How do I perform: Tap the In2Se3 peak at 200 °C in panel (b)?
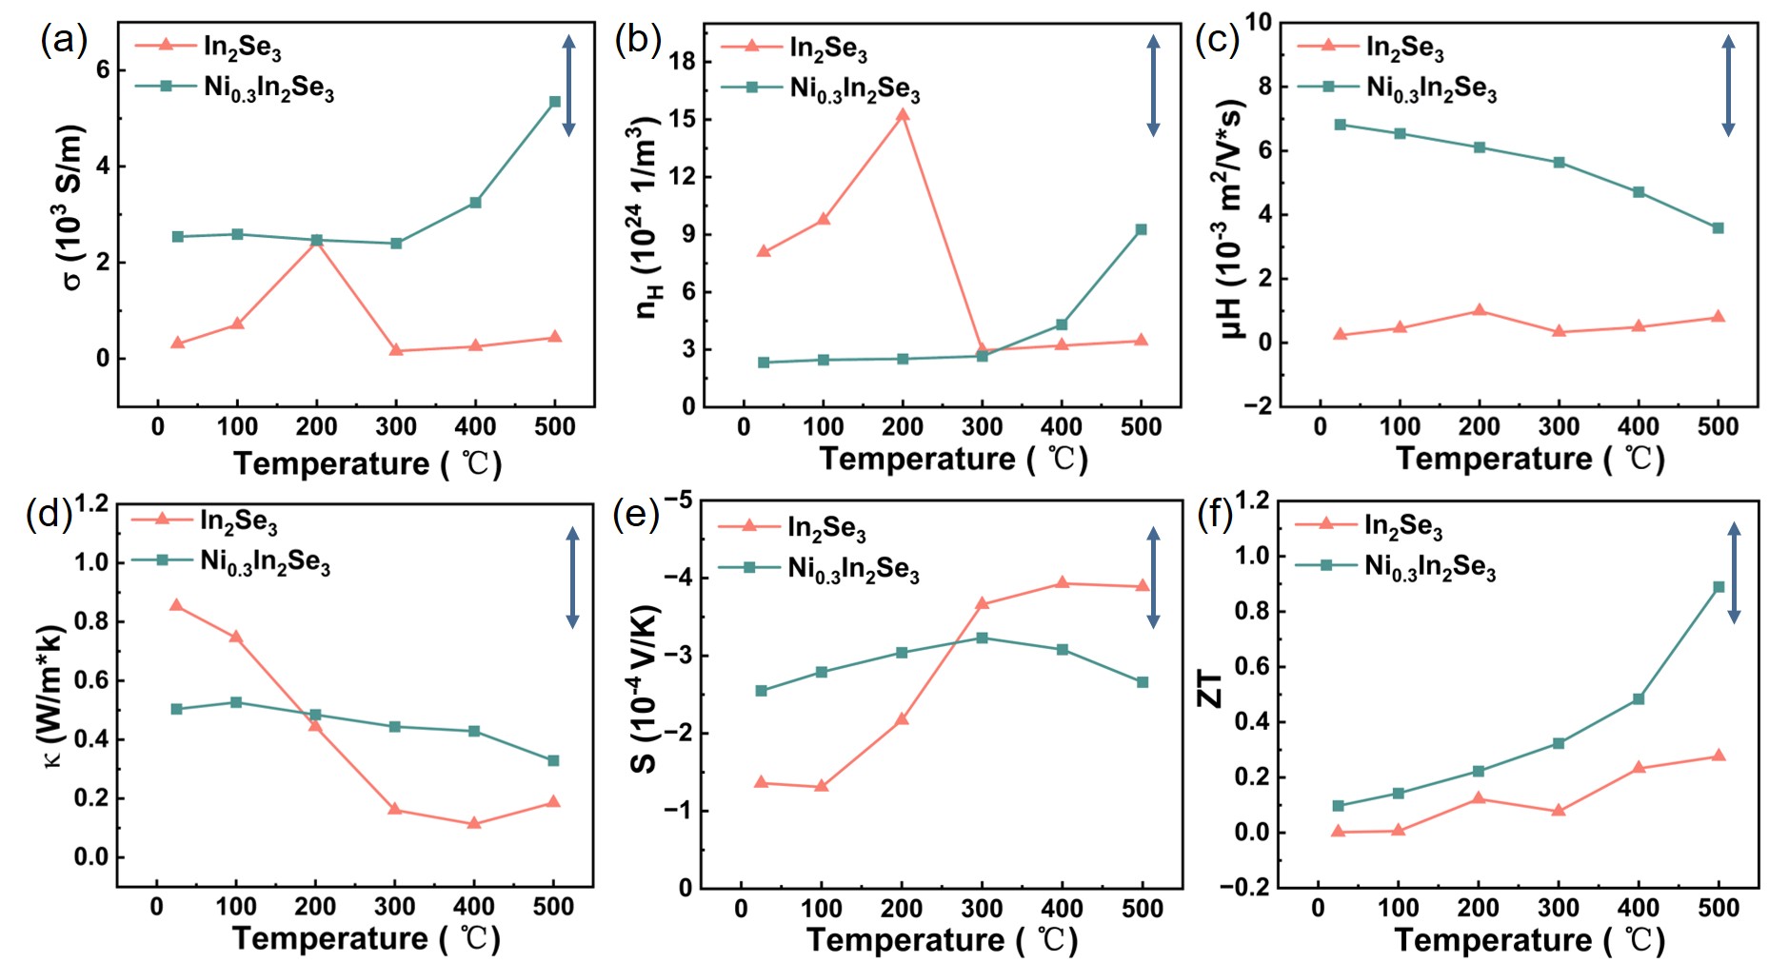[x=903, y=115]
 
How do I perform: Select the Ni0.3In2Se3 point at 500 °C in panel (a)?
[x=555, y=102]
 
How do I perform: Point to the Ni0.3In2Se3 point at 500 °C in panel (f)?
[x=1719, y=587]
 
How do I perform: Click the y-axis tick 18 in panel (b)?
[x=683, y=62]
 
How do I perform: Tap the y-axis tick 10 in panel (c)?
[x=1259, y=23]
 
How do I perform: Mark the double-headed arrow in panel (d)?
[x=572, y=578]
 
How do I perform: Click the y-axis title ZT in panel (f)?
[x=1209, y=688]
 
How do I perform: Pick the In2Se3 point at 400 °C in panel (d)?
[x=474, y=823]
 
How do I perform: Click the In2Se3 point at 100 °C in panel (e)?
[x=822, y=786]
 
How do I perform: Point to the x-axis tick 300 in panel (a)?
[x=396, y=427]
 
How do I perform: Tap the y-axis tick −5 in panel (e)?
[x=678, y=501]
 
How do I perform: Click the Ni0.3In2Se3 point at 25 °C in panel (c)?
[x=1341, y=125]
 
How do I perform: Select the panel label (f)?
[x=1215, y=515]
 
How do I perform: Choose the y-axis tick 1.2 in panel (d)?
[x=91, y=503]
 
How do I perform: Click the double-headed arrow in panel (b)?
[x=1153, y=86]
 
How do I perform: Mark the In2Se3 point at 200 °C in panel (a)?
[x=317, y=241]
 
